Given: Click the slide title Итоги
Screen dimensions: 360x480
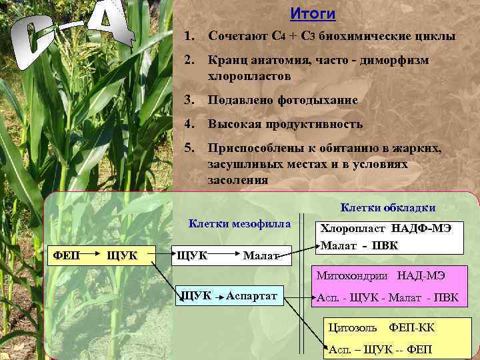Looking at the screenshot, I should coord(313,14).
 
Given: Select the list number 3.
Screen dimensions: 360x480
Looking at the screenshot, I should coord(189,100).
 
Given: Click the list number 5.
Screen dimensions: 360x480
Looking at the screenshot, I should coord(189,149).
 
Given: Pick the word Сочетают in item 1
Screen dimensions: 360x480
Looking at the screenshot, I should coord(237,37).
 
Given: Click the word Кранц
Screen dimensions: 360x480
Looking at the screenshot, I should coord(227,61).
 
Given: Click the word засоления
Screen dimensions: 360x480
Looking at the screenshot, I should coord(238,179).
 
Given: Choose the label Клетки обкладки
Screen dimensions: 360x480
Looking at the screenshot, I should coord(388,207).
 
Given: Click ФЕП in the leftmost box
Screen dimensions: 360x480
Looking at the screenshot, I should coord(67,254).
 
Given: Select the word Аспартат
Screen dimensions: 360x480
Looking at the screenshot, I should coord(251,296).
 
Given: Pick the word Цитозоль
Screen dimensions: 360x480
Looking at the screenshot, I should coord(354,327).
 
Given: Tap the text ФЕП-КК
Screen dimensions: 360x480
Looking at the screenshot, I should coord(411,327).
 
